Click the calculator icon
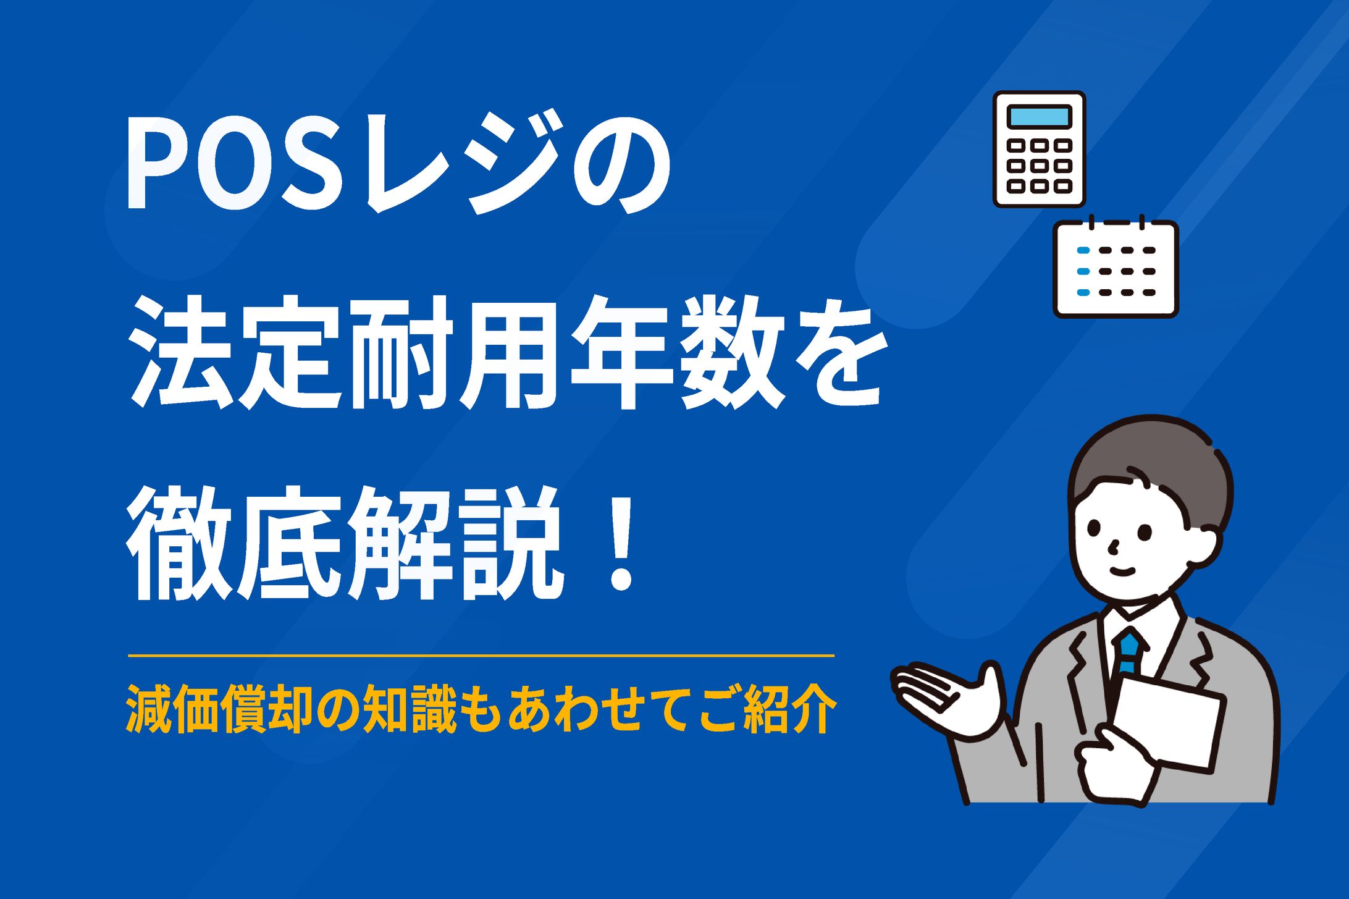click(x=1039, y=149)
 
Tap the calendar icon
click(x=1116, y=269)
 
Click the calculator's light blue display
click(x=1039, y=116)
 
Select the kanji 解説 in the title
click(x=454, y=544)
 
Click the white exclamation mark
click(x=620, y=544)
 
